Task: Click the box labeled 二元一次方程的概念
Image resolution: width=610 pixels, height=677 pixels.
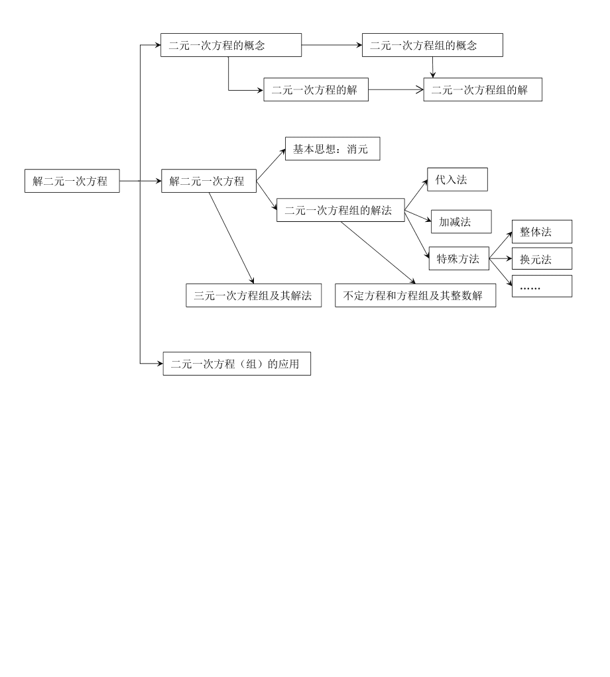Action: pyautogui.click(x=231, y=45)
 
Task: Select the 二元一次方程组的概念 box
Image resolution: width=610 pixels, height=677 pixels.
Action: pyautogui.click(x=432, y=45)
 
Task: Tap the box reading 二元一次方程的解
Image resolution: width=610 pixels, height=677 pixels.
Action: pyautogui.click(x=316, y=89)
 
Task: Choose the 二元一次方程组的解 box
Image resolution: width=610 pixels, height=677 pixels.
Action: pyautogui.click(x=483, y=89)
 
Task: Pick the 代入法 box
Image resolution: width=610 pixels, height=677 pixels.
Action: pyautogui.click(x=457, y=180)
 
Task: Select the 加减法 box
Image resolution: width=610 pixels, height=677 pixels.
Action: pyautogui.click(x=461, y=222)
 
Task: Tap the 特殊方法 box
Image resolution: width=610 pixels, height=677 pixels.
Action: pyautogui.click(x=459, y=258)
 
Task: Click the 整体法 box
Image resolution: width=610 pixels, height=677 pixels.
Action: pyautogui.click(x=542, y=231)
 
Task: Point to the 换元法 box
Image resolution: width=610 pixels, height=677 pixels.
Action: pyautogui.click(x=542, y=259)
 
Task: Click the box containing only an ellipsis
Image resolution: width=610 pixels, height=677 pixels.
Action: pyautogui.click(x=542, y=286)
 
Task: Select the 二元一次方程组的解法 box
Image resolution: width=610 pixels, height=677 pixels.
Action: pyautogui.click(x=340, y=210)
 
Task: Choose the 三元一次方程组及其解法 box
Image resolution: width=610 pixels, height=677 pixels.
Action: pyautogui.click(x=253, y=295)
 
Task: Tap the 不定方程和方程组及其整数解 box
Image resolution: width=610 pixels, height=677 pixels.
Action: pyautogui.click(x=416, y=295)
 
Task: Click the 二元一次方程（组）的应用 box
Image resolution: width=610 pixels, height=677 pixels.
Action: pyautogui.click(x=237, y=364)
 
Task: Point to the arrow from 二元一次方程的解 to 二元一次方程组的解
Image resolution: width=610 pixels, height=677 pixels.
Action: pyautogui.click(x=396, y=89)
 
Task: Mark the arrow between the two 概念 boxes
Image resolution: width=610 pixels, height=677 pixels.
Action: pyautogui.click(x=332, y=45)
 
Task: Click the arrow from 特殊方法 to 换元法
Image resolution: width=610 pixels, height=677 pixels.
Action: pyautogui.click(x=500, y=259)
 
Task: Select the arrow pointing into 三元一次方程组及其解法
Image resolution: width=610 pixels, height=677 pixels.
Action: pyautogui.click(x=232, y=238)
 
